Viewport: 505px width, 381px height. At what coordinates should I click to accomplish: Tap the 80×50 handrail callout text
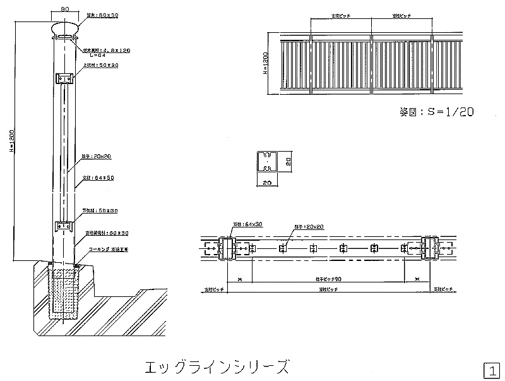pyautogui.click(x=102, y=15)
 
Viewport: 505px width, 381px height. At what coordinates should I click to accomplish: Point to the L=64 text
pyautogui.click(x=91, y=55)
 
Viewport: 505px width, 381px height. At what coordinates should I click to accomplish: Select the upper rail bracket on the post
pyautogui.click(x=65, y=78)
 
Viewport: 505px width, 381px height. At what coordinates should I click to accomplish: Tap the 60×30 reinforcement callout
pyautogui.click(x=107, y=233)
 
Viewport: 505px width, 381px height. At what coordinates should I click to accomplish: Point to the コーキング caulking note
pyautogui.click(x=109, y=249)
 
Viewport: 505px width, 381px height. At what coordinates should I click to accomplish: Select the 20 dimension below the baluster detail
pyautogui.click(x=268, y=183)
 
